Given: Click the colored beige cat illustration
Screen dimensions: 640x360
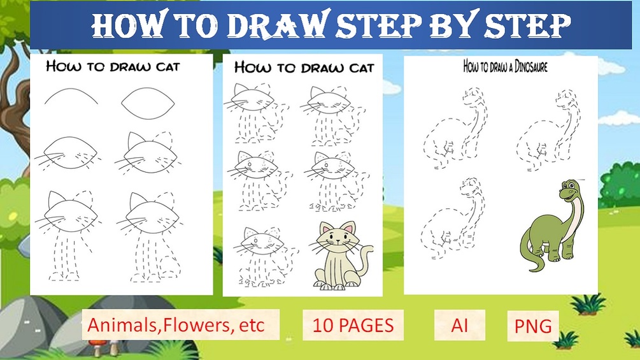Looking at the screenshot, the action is tap(342, 256).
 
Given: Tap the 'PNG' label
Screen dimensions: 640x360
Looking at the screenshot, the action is tap(533, 326).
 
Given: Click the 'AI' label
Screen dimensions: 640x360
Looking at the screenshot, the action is tap(460, 326).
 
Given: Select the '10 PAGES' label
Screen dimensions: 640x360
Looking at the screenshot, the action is tap(353, 326).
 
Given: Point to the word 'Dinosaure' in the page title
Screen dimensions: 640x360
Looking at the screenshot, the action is tap(530, 66).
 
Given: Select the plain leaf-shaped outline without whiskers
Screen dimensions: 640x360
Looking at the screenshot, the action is tap(148, 103).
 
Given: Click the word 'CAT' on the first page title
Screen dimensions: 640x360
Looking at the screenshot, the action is tap(168, 66).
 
